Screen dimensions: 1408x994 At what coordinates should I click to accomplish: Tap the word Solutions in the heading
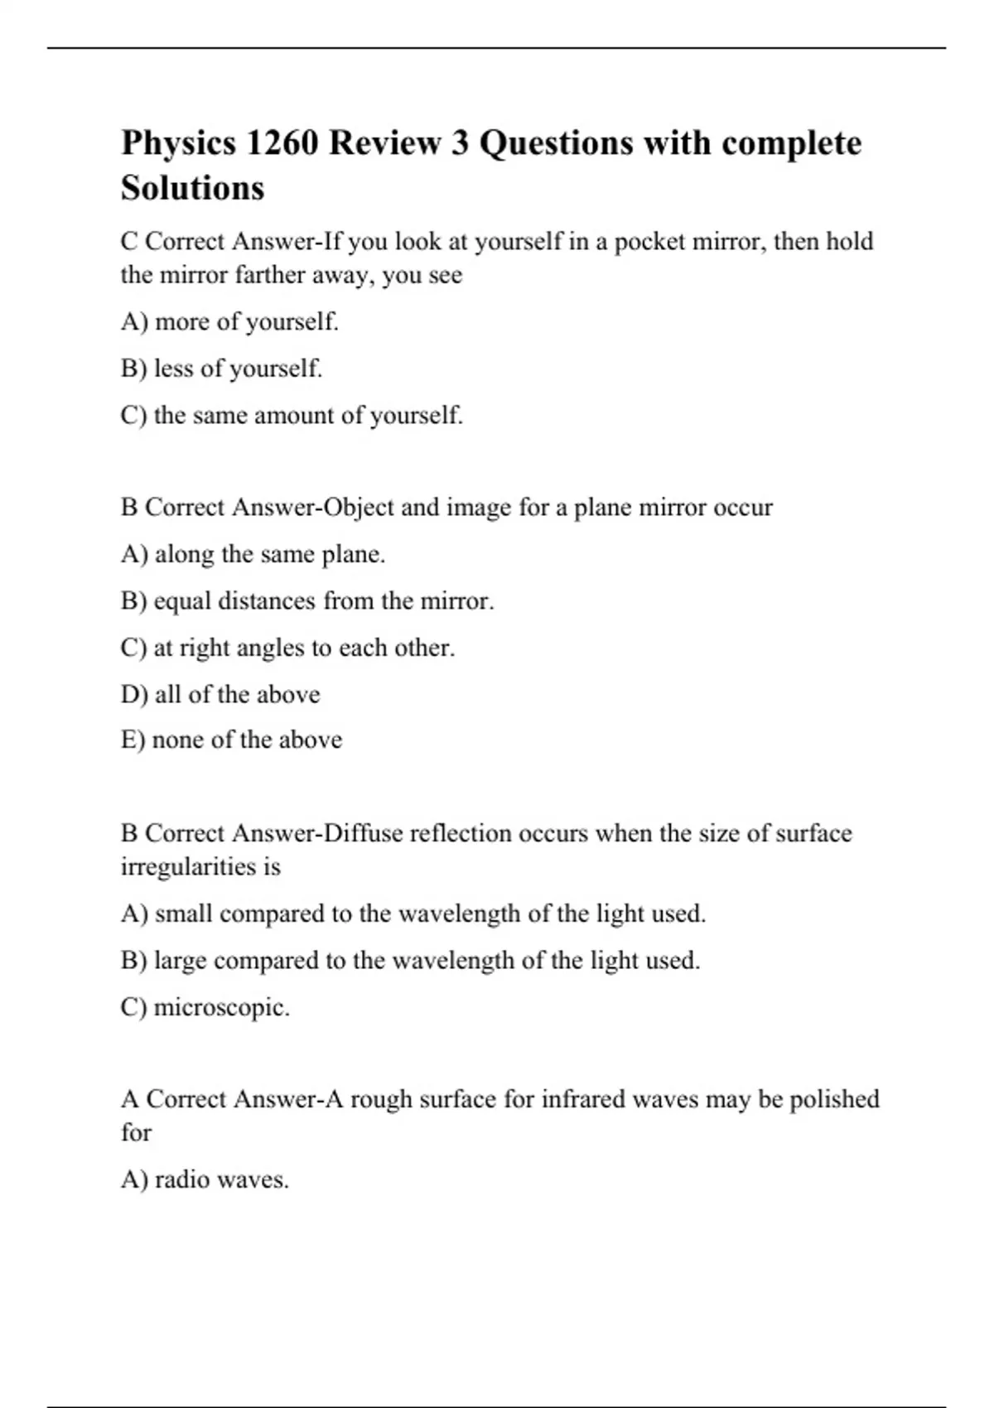192,188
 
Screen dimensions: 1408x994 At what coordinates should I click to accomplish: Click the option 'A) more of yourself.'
229,321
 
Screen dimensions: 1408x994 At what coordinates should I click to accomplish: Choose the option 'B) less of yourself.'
221,369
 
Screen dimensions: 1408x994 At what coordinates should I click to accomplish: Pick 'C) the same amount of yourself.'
292,415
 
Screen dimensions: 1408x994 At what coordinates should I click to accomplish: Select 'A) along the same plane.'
253,554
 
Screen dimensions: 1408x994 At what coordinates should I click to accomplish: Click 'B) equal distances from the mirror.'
306,601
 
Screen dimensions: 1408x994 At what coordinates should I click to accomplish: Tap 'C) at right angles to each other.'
287,648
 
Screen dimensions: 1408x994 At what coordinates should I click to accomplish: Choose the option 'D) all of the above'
220,694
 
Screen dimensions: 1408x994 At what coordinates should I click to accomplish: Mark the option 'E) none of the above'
231,740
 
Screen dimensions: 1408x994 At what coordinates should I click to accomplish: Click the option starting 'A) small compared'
413,914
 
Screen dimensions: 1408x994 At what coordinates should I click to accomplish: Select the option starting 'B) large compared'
410,961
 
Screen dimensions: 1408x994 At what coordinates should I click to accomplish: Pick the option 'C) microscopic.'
205,1008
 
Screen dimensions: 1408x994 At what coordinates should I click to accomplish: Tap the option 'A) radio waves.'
205,1179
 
